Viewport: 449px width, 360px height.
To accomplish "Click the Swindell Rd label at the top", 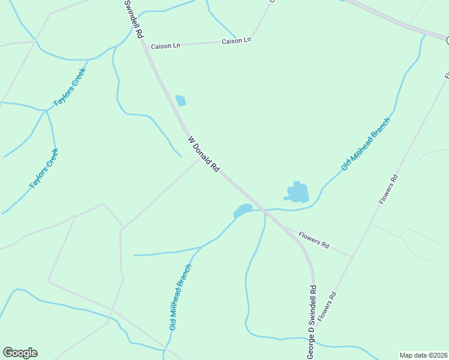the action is coord(133,19).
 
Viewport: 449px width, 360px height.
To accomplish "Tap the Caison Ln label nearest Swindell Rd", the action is coord(165,46).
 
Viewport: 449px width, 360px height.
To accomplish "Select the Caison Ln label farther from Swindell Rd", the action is coord(236,41).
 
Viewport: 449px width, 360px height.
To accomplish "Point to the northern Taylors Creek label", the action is coord(70,88).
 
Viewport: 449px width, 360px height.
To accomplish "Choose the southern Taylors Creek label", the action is coord(44,169).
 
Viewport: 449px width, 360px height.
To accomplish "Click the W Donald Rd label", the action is coord(203,155).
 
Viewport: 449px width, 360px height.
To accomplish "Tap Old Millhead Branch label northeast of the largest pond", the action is coord(366,144).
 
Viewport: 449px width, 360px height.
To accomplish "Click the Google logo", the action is coord(20,353).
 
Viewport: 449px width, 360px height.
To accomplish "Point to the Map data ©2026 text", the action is coord(423,355).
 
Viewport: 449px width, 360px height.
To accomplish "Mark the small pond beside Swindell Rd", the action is coord(180,100).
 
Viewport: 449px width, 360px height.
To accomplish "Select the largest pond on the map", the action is coord(297,193).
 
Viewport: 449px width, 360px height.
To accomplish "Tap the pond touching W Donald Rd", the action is coord(243,210).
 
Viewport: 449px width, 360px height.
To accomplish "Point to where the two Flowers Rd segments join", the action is coord(352,257).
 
